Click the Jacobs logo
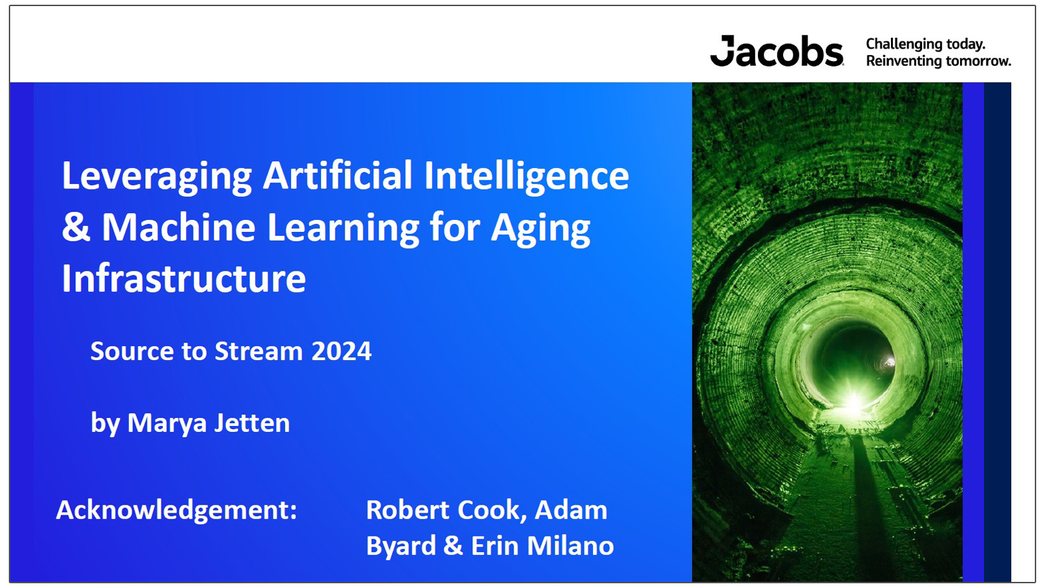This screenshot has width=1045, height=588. [x=776, y=52]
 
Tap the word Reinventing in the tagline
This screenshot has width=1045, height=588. [x=902, y=61]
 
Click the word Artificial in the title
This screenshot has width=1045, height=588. [x=337, y=175]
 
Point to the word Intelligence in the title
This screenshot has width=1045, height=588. [x=527, y=176]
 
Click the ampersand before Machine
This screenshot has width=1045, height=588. [x=75, y=227]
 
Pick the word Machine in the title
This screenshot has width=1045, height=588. [x=178, y=227]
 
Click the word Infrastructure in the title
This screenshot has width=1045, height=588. [x=184, y=278]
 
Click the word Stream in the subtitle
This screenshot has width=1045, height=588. [x=259, y=351]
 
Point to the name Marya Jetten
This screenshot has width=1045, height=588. [x=208, y=423]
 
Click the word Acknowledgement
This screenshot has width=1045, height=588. [x=176, y=510]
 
